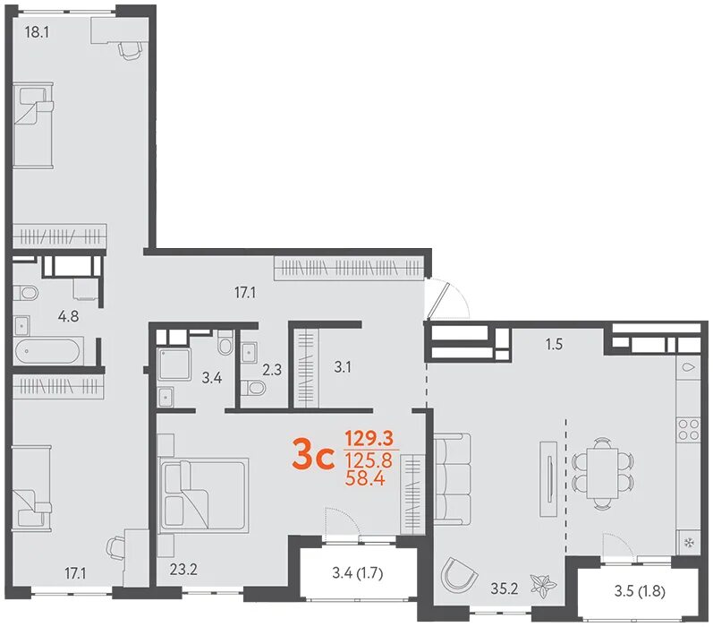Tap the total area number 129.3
tap(369, 439)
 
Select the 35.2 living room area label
tap(505, 588)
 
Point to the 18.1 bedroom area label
tap(37, 32)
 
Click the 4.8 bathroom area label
tap(68, 316)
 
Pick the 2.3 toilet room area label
tap(271, 369)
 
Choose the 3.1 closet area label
tap(343, 367)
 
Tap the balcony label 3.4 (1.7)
tap(358, 573)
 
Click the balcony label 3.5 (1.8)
tap(640, 591)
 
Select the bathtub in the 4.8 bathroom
tap(48, 351)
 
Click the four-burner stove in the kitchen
tap(688, 429)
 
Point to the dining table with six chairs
tap(602, 473)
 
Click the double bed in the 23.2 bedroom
tap(203, 495)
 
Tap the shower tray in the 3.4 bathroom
tap(174, 364)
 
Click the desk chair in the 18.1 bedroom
tap(130, 48)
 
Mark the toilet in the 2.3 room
tap(252, 389)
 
